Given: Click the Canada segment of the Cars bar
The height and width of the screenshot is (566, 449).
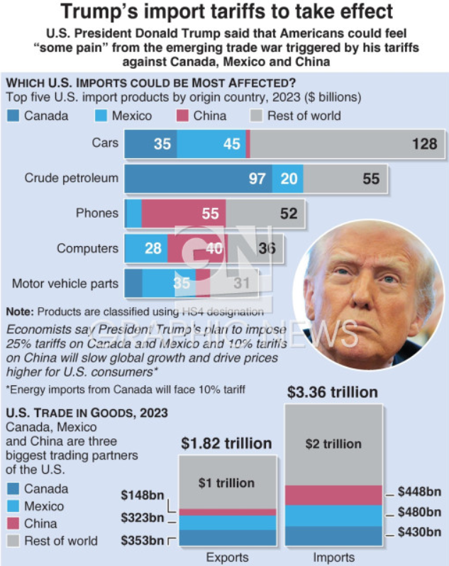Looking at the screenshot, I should pos(150,144).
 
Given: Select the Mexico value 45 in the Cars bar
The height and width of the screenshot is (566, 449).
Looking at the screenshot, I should pos(231,144).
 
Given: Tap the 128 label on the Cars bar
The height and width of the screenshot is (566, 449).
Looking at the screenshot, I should pos(424,144).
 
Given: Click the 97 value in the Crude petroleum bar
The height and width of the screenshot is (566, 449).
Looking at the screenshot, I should pos(257,179).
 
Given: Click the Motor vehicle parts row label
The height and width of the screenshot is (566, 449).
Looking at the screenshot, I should pos(65,284).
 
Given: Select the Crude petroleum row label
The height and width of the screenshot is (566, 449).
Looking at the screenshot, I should pos(71,179).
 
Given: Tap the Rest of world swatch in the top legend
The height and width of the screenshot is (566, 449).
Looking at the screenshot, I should pos(255,116).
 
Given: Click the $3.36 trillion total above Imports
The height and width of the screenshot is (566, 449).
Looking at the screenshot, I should pos(332,392).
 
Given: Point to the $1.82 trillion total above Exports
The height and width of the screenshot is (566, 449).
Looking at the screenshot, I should pos(226,444).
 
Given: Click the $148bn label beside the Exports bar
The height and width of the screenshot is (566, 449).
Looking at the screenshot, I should pos(142,495).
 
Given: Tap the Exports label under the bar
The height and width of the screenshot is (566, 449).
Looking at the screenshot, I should pos(226,557).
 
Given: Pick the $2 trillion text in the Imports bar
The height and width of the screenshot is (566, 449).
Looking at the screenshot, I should pos(333,444).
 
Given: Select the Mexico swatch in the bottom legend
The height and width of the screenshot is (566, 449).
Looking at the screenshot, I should pos(14,506).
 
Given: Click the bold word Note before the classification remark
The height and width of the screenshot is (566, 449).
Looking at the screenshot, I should pos(19,311).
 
